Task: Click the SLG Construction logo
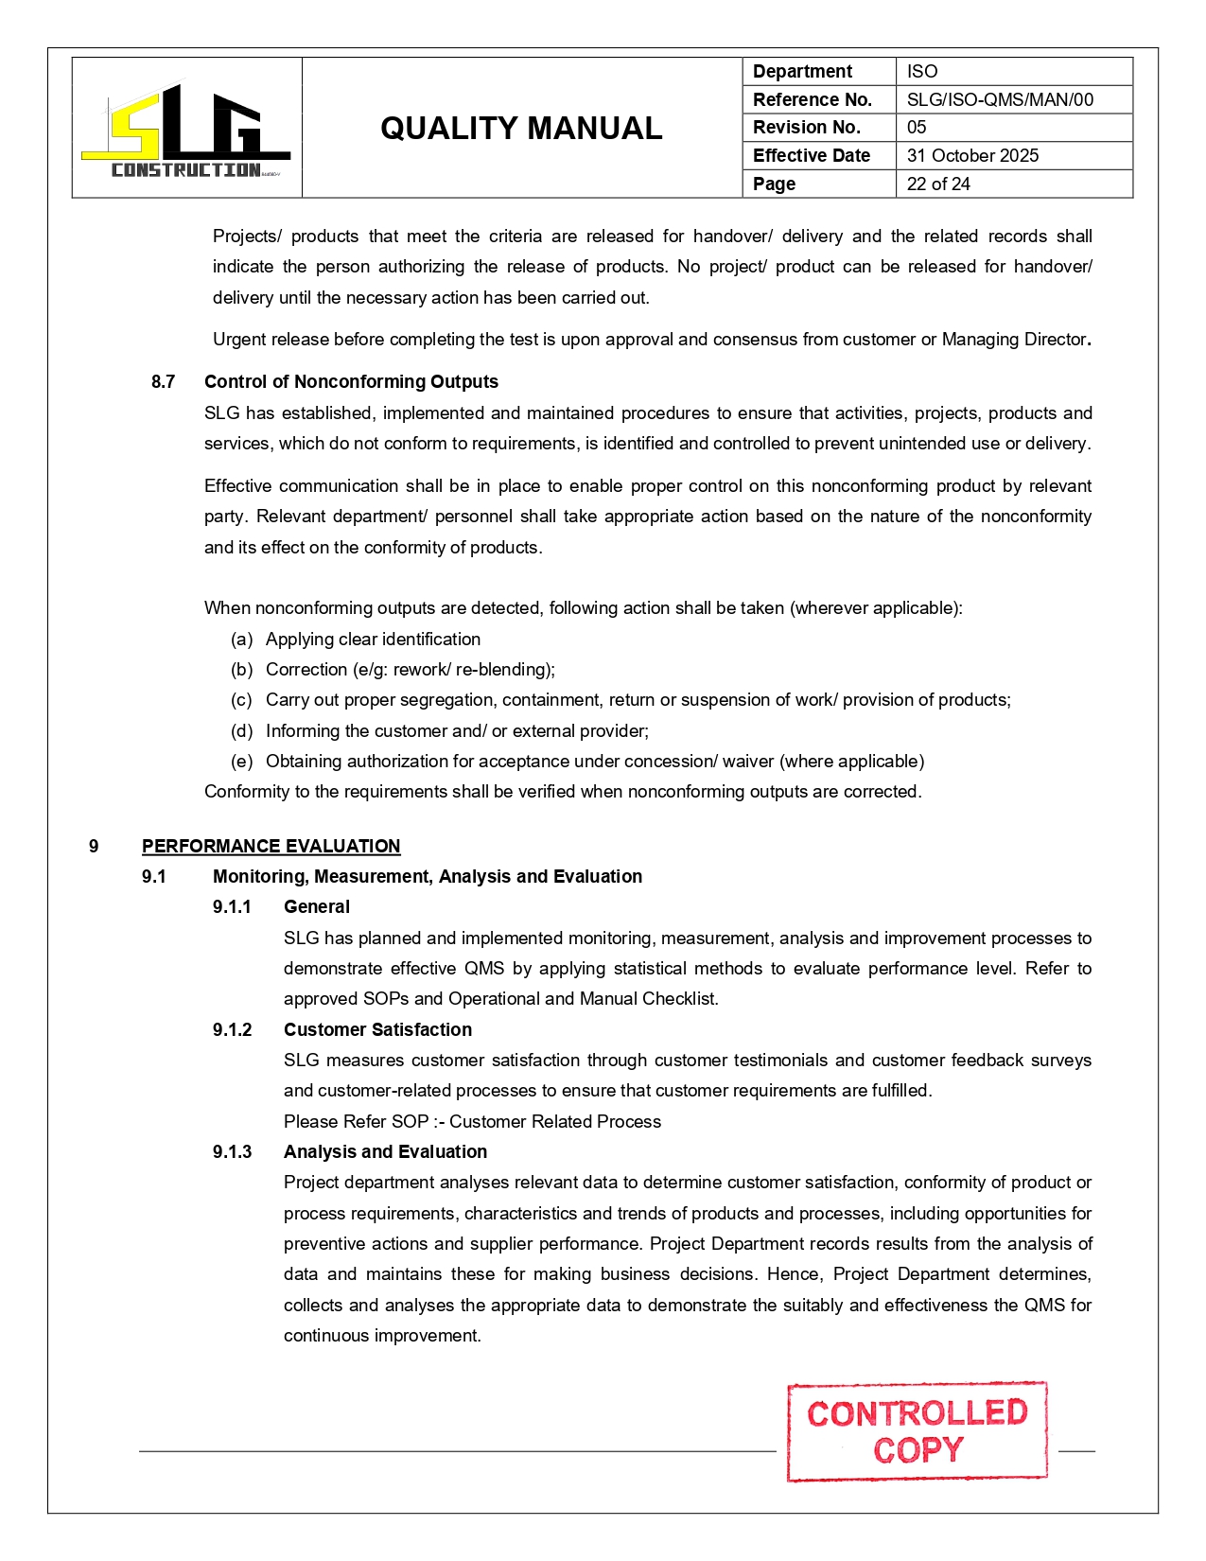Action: pyautogui.click(x=186, y=130)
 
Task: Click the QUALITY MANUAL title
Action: pyautogui.click(x=521, y=129)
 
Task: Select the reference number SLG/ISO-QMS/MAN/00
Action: pyautogui.click(x=999, y=99)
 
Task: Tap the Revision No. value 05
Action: pyautogui.click(x=917, y=127)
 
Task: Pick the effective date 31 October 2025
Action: pyautogui.click(x=972, y=155)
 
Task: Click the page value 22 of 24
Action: pyautogui.click(x=938, y=184)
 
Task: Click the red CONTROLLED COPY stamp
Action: pyautogui.click(x=917, y=1431)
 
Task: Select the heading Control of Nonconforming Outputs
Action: pyautogui.click(x=351, y=381)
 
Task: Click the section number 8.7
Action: pyautogui.click(x=163, y=381)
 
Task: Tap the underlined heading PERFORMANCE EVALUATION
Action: pyautogui.click(x=271, y=846)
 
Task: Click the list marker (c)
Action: pyautogui.click(x=241, y=700)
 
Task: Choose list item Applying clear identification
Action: pyautogui.click(x=373, y=640)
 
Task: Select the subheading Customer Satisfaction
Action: pyautogui.click(x=377, y=1029)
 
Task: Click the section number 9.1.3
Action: pyautogui.click(x=232, y=1151)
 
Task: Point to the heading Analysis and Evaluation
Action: pyautogui.click(x=385, y=1151)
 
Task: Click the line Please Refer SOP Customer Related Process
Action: pyautogui.click(x=472, y=1121)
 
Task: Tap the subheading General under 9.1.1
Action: pyautogui.click(x=316, y=906)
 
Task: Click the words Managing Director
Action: pyautogui.click(x=1013, y=340)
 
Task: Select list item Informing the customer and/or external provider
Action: pyautogui.click(x=457, y=731)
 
